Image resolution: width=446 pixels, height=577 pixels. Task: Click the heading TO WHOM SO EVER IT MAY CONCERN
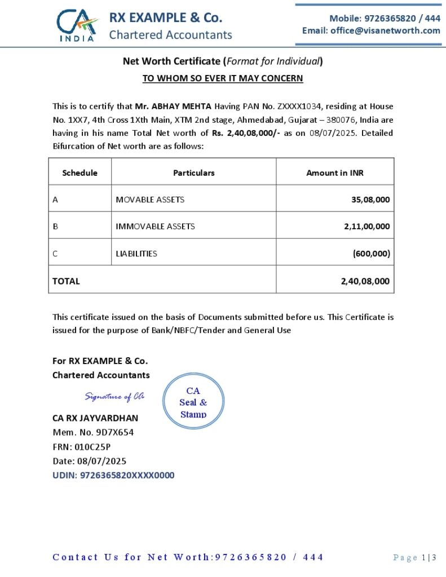pos(223,78)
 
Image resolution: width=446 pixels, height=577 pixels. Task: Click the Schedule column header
pos(80,173)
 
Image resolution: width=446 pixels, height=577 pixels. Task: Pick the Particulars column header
pos(193,173)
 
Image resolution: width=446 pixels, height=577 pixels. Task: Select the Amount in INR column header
pos(334,173)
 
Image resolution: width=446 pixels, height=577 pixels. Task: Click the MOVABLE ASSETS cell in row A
pos(150,199)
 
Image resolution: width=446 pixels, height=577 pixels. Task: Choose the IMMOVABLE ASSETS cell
pos(155,227)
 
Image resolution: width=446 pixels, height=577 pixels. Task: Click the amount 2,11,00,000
pos(366,227)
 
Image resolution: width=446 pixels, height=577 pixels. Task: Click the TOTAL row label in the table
pos(67,281)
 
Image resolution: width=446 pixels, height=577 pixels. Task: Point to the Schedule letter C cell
pos(55,254)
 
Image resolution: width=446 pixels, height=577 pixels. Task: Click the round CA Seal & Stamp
pos(193,402)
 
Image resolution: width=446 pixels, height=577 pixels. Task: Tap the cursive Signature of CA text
pos(114,397)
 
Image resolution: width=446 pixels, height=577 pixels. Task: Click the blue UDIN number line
pos(113,475)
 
